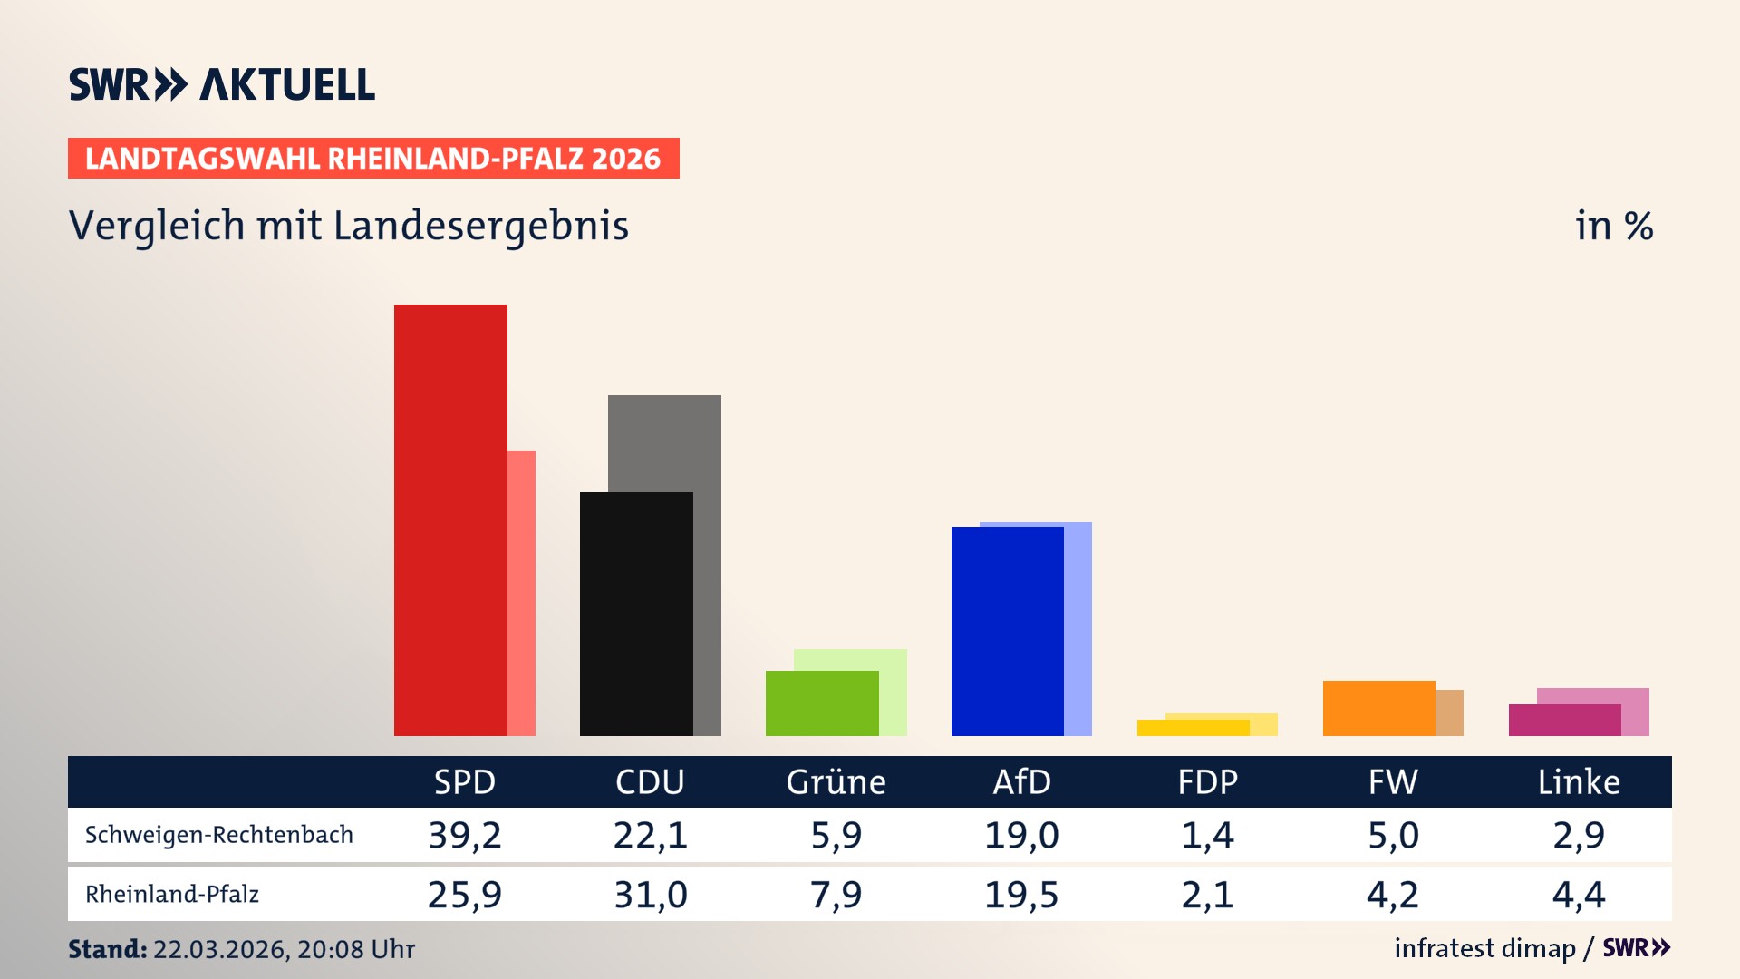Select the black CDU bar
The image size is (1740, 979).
pyautogui.click(x=636, y=614)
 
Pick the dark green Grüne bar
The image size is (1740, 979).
pyautogui.click(x=822, y=703)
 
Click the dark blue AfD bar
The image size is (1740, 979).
pyautogui.click(x=1007, y=631)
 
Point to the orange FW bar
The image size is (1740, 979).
pyautogui.click(x=1378, y=708)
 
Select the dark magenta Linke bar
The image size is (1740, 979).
pyautogui.click(x=1564, y=721)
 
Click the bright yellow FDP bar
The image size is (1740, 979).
pyautogui.click(x=1193, y=728)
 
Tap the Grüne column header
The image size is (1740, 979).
pyautogui.click(x=836, y=782)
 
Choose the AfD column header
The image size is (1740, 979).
pyautogui.click(x=1021, y=782)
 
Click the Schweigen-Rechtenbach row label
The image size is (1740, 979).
pyautogui.click(x=219, y=835)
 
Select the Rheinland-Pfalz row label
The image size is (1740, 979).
pyautogui.click(x=172, y=895)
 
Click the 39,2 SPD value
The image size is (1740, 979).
pyautogui.click(x=465, y=835)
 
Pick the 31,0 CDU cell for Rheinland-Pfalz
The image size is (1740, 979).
pyautogui.click(x=651, y=895)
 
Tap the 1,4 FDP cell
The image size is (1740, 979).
pyautogui.click(x=1207, y=835)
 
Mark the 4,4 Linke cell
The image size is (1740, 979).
pyautogui.click(x=1579, y=895)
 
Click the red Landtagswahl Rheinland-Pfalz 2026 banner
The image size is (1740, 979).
pyautogui.click(x=373, y=159)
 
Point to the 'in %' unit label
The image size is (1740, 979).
pyautogui.click(x=1614, y=226)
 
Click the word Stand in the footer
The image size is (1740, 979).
pyautogui.click(x=107, y=949)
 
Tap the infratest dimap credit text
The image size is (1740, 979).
pyautogui.click(x=1484, y=948)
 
